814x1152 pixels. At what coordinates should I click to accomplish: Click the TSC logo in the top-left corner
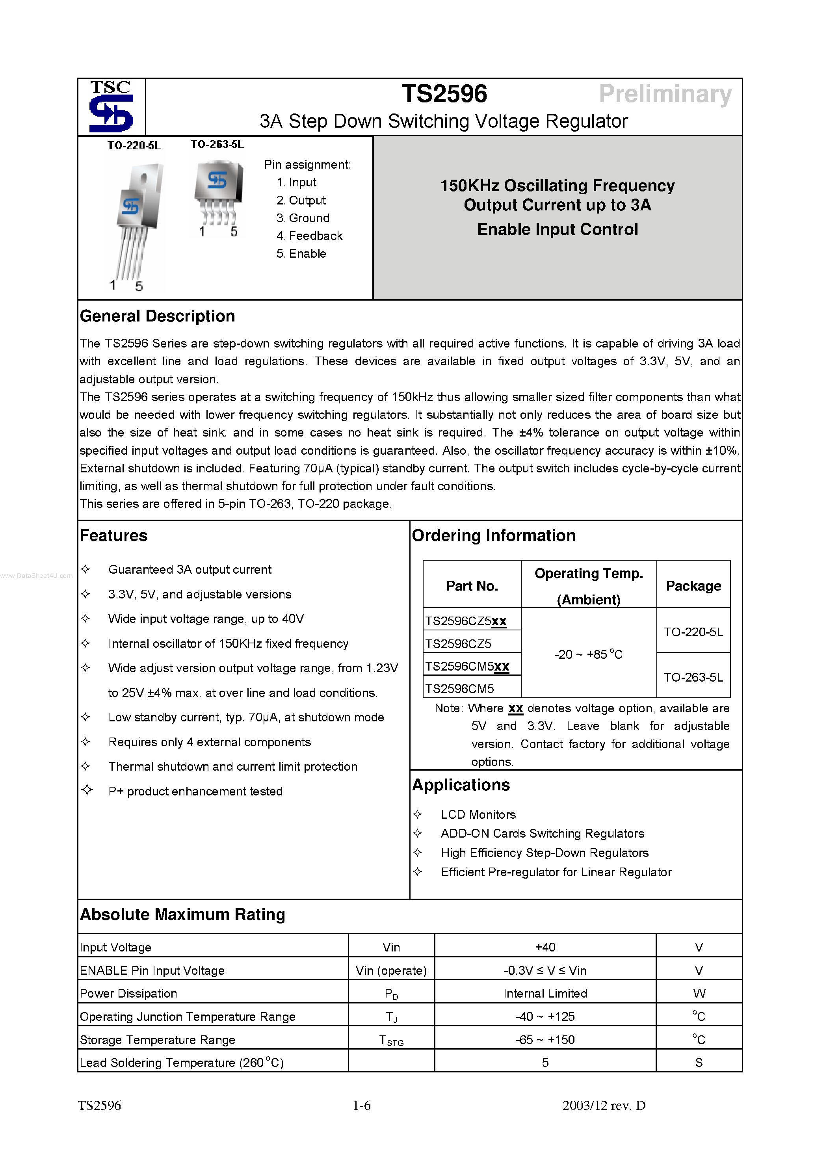click(x=111, y=106)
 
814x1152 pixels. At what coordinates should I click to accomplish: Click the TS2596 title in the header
click(x=444, y=94)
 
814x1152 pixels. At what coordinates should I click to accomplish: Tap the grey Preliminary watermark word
click(x=665, y=94)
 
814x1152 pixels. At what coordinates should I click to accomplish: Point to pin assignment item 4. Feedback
click(x=309, y=236)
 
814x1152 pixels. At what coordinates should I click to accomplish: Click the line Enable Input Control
click(x=557, y=229)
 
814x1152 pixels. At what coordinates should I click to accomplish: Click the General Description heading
click(x=157, y=316)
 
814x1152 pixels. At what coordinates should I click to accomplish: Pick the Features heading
click(x=113, y=535)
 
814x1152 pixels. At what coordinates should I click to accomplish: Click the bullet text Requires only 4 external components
click(x=209, y=742)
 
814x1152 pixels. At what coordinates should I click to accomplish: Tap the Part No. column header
click(x=472, y=586)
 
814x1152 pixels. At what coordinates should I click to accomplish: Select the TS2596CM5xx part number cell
click(x=467, y=666)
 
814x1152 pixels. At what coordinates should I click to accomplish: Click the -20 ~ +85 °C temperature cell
click(x=588, y=654)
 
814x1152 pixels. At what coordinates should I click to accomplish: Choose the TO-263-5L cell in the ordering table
click(x=693, y=677)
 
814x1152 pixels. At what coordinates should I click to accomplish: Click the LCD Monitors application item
click(x=478, y=814)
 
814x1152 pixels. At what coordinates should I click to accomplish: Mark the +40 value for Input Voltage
click(x=545, y=947)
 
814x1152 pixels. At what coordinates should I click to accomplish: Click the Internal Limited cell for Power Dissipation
click(x=545, y=994)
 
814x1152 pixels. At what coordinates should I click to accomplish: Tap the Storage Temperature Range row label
click(x=157, y=1040)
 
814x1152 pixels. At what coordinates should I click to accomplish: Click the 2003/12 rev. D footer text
click(x=604, y=1106)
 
